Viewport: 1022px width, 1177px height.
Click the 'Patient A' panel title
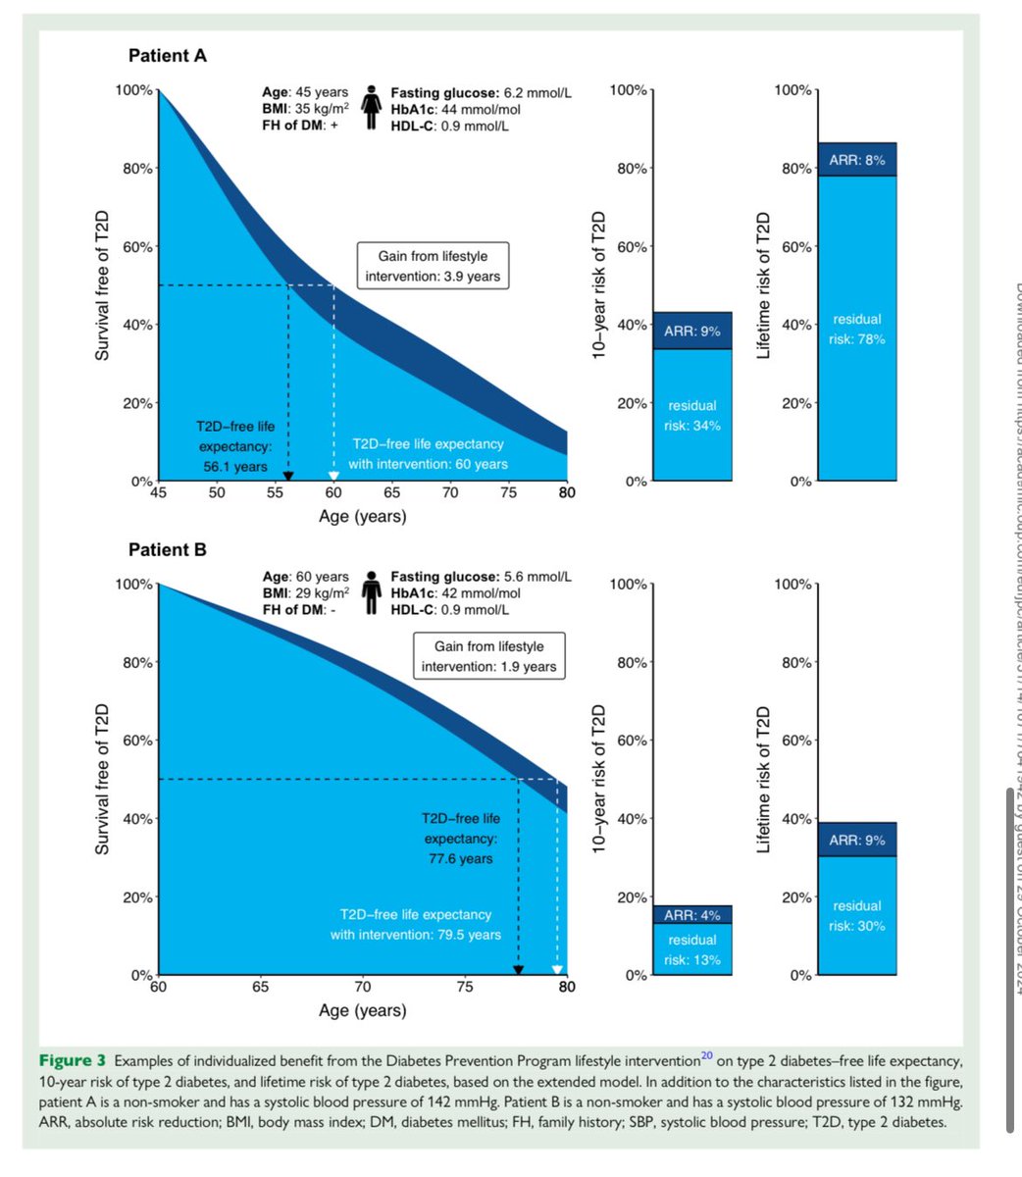point(168,56)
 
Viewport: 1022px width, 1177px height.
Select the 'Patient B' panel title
point(168,550)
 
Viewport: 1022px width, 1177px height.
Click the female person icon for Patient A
point(372,107)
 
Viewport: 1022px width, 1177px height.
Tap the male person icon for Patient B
point(372,592)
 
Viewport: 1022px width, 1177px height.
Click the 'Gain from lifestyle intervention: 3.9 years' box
point(433,266)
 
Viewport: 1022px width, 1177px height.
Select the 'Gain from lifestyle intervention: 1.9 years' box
point(488,656)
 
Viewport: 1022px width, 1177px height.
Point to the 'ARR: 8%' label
point(856,160)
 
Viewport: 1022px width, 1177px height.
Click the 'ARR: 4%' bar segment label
point(691,915)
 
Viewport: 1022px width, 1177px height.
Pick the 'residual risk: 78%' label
point(856,330)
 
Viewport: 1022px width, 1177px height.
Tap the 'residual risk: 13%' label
point(691,949)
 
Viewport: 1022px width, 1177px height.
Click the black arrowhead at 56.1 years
point(287,475)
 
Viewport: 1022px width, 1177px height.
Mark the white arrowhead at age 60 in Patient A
point(333,475)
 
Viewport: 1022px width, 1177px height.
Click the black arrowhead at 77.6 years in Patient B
point(519,969)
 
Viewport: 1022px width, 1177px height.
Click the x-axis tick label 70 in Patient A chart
point(450,492)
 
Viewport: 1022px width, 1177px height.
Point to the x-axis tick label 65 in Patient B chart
point(260,987)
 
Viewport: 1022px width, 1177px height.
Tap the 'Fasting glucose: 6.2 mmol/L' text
point(481,93)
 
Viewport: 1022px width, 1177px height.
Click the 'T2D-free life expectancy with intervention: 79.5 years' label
point(416,925)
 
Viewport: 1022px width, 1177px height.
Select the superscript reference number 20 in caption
point(706,1056)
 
